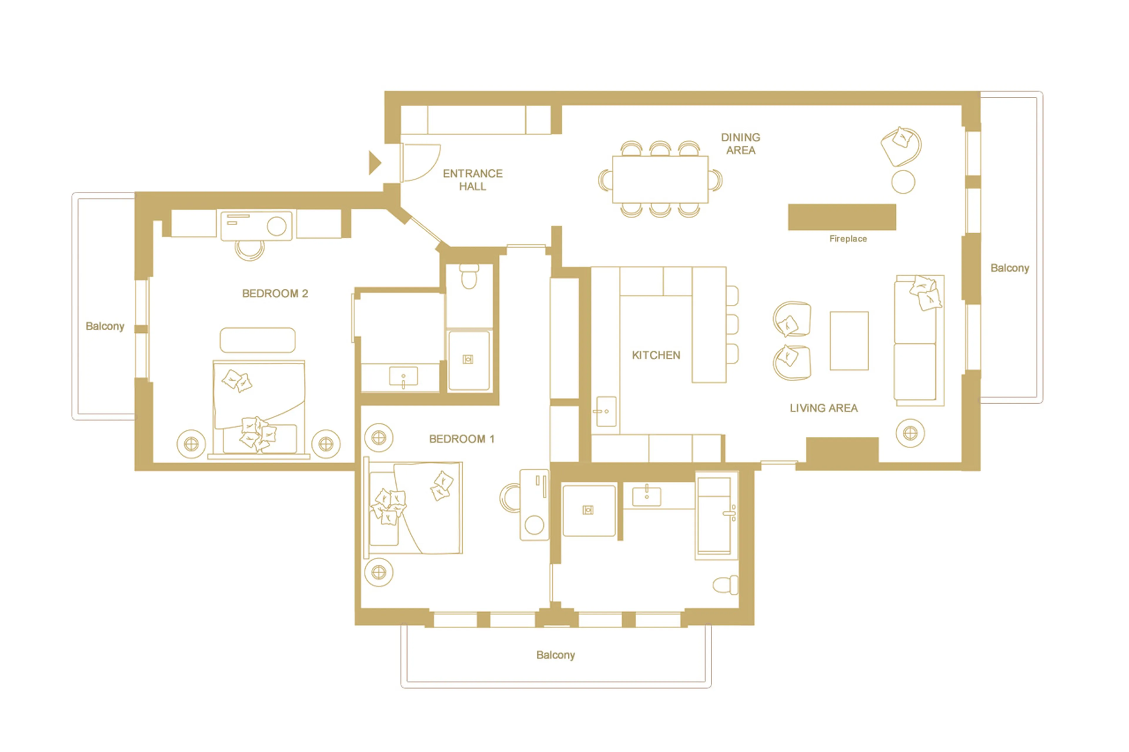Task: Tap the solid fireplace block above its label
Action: point(841,217)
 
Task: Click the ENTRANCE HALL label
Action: point(472,180)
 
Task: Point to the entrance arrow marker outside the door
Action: point(374,163)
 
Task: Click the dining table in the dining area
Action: point(660,179)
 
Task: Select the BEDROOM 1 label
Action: point(461,439)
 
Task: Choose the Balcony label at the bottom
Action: point(555,655)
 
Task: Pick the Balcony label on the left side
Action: point(105,326)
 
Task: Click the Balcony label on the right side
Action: point(1010,268)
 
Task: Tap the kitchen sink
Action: point(606,411)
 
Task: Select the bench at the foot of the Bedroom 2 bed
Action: point(257,340)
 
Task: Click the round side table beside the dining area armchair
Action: point(903,182)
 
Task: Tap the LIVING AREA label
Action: point(823,408)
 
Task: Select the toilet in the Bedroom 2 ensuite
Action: point(468,277)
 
